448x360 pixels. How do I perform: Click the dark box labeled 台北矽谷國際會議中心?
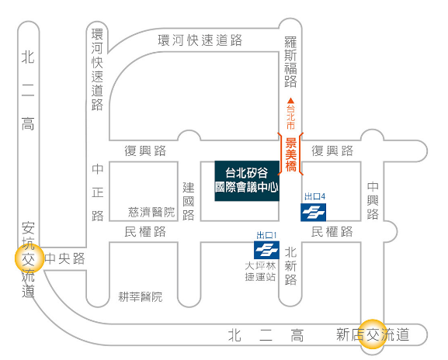(x=247, y=181)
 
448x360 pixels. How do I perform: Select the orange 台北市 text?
(x=290, y=117)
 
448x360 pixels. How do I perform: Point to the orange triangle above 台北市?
(x=290, y=101)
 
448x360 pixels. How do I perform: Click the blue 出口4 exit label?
(x=314, y=196)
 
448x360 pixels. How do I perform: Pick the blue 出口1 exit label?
(x=266, y=235)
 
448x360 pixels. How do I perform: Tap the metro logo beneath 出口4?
(x=313, y=212)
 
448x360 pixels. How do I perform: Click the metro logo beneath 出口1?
(x=266, y=250)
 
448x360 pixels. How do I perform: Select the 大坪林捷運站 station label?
(x=260, y=272)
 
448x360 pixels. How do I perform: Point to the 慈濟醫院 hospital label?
(x=151, y=212)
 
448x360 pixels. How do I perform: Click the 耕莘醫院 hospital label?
(x=141, y=297)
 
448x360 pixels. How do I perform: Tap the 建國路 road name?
(x=189, y=201)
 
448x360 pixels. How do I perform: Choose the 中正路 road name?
(x=97, y=192)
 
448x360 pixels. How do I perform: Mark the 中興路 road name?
(x=373, y=200)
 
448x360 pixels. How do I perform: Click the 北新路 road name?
(x=290, y=266)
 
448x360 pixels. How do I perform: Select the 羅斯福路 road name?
(x=290, y=61)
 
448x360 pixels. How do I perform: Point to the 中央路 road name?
(x=65, y=258)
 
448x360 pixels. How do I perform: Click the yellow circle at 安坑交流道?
(x=30, y=258)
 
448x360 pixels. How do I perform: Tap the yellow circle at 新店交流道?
(x=373, y=334)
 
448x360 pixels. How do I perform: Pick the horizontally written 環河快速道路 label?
(x=200, y=40)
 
